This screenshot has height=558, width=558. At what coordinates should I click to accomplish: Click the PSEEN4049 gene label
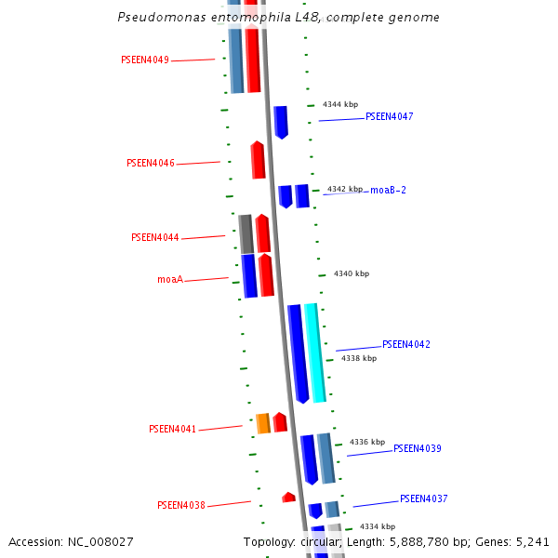145,60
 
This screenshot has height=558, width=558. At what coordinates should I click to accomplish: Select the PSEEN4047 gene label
389,117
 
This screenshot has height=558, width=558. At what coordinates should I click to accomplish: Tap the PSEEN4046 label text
151,164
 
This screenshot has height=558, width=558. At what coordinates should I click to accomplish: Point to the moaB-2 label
388,190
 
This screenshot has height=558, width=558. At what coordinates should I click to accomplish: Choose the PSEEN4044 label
155,238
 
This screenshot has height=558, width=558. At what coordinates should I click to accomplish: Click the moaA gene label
169,279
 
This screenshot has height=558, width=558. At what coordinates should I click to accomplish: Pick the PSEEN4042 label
405,344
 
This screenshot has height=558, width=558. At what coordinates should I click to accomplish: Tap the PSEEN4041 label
173,430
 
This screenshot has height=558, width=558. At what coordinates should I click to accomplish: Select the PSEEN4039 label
417,448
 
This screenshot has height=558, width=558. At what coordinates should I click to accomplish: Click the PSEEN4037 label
423,498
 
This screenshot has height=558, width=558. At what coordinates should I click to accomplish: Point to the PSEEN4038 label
181,506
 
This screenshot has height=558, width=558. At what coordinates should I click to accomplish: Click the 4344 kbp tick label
340,105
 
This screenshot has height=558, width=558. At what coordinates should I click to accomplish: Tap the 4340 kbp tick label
352,273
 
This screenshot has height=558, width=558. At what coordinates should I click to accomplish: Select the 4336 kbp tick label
367,442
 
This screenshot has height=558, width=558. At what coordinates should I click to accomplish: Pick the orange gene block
263,423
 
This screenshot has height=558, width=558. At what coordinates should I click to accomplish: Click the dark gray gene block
246,233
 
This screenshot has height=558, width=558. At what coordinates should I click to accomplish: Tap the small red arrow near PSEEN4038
288,498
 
